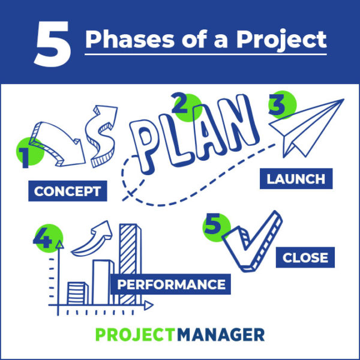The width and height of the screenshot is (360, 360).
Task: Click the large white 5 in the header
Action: (53, 44)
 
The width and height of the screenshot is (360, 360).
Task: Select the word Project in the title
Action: (281, 40)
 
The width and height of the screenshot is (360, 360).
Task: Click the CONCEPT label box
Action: (68, 191)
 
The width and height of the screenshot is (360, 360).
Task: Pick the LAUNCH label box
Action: (296, 179)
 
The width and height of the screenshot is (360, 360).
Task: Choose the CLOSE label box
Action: (305, 257)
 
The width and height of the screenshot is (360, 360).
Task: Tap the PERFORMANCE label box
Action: (170, 284)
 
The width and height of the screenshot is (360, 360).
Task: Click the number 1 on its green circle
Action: (24, 158)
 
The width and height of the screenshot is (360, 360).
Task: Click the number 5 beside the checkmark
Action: (212, 224)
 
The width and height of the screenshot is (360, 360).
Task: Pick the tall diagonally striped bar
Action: (130, 265)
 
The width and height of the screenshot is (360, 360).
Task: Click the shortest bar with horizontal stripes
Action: (78, 293)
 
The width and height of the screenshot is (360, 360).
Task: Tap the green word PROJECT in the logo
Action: (135, 335)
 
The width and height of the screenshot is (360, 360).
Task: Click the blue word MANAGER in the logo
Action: (221, 335)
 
